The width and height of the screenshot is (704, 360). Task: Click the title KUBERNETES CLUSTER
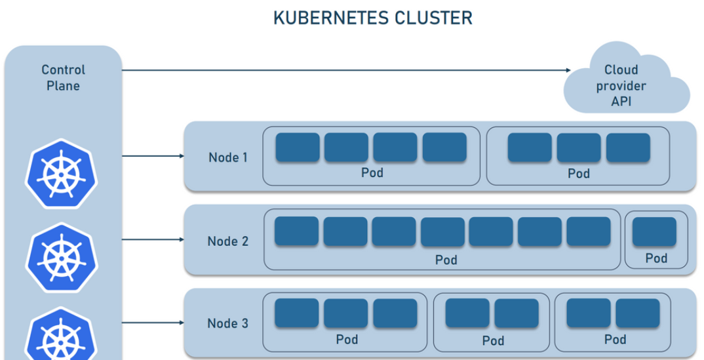(x=372, y=18)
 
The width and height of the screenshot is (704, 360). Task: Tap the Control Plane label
(x=64, y=77)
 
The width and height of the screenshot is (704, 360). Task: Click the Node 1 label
(x=228, y=157)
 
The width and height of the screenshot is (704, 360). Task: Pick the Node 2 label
(x=228, y=241)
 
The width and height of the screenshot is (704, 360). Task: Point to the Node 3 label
(x=228, y=323)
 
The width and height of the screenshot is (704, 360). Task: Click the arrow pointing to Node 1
(x=153, y=156)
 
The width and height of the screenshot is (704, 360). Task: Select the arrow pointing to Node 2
(x=153, y=239)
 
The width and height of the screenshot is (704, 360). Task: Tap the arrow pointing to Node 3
(x=153, y=323)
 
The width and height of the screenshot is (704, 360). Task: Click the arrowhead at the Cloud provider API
(x=568, y=70)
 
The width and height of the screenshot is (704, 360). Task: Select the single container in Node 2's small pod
(x=654, y=232)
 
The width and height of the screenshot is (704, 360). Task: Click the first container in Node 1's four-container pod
(x=298, y=148)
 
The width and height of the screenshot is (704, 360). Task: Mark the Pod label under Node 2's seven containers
(x=446, y=260)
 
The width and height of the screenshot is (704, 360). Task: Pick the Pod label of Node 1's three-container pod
(x=578, y=174)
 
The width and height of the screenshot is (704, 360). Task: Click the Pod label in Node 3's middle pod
(x=493, y=341)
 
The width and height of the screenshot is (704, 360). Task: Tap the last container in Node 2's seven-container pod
(x=589, y=232)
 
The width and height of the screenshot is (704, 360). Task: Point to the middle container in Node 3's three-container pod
(x=346, y=313)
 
